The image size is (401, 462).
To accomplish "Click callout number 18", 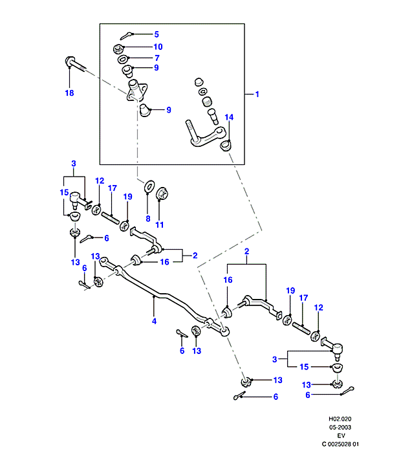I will [x=69, y=93].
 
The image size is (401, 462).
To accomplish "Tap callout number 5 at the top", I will [x=155, y=34].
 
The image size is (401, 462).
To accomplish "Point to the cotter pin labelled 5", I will [x=127, y=36].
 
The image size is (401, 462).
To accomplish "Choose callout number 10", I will [x=158, y=47].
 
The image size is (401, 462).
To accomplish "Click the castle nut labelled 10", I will [x=119, y=48].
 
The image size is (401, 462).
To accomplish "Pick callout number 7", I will [x=156, y=58].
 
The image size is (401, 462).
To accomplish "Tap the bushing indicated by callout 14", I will [x=226, y=145].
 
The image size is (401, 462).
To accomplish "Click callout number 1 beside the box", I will [x=257, y=94].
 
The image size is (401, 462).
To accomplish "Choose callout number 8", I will [x=147, y=219].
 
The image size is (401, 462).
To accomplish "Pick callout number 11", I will [x=160, y=225].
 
